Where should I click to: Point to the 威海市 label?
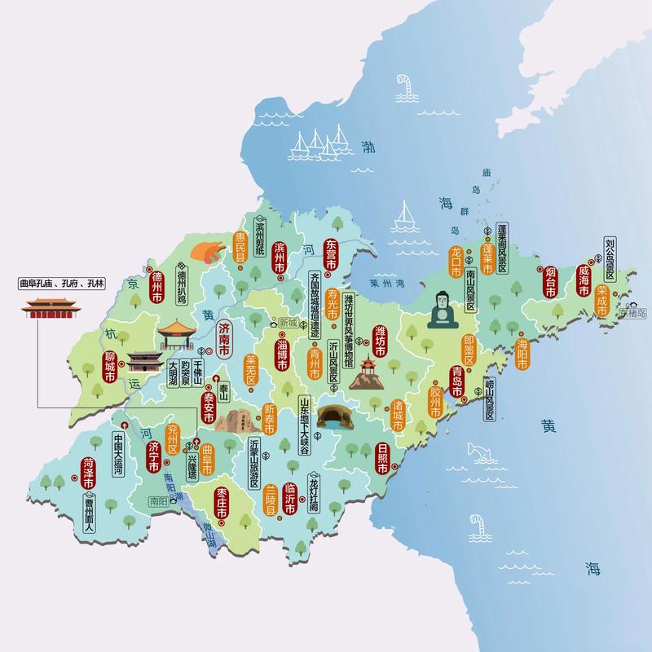(x=584, y=279)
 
